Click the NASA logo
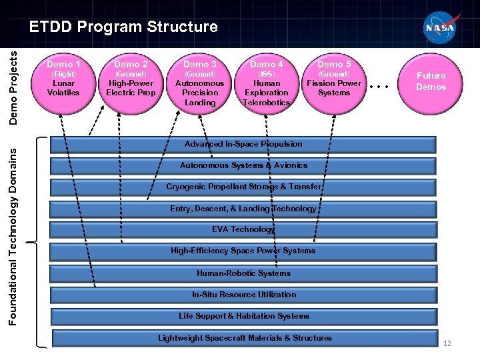click(x=439, y=28)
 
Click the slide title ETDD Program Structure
click(x=123, y=27)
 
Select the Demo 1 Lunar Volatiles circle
click(x=63, y=81)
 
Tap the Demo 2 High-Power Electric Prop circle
click(x=131, y=81)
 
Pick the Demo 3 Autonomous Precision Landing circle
click(x=200, y=83)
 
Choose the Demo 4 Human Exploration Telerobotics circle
click(x=267, y=83)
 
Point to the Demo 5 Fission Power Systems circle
click(x=333, y=81)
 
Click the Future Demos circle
click(x=431, y=81)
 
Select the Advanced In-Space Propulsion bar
click(x=243, y=144)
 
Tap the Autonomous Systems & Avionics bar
click(x=243, y=165)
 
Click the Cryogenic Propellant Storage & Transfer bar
click(x=243, y=187)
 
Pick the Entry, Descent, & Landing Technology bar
click(x=243, y=209)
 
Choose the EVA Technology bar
click(x=243, y=230)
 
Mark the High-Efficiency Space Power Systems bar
click(x=243, y=251)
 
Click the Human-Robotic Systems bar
click(x=243, y=273)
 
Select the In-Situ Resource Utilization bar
click(x=243, y=295)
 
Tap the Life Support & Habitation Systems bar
click(x=243, y=316)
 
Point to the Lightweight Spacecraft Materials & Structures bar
click(x=243, y=338)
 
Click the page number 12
click(x=447, y=343)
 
